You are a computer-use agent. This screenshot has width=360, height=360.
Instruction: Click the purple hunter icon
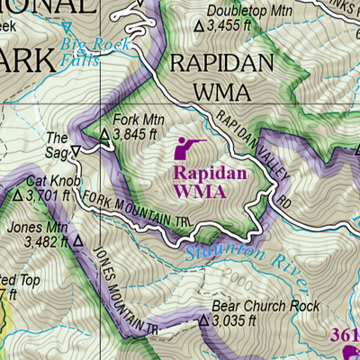(x=191, y=145)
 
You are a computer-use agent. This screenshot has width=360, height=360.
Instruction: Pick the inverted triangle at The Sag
(x=76, y=150)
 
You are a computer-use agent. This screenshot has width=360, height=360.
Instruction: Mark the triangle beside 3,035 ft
(x=203, y=320)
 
